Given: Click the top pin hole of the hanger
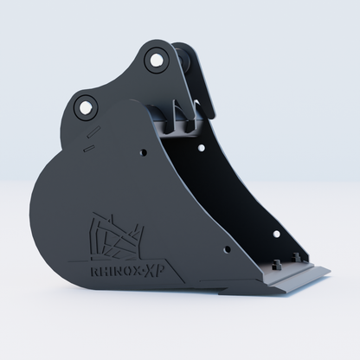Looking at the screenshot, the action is [x=156, y=61].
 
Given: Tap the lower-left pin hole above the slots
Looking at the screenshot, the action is [x=86, y=108].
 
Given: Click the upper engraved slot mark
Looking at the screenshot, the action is [x=93, y=131].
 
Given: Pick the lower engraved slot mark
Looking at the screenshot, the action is [x=89, y=148].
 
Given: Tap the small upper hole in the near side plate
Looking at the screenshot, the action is [x=144, y=152].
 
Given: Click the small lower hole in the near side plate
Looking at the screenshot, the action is [x=227, y=249].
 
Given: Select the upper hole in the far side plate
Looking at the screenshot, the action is [x=202, y=148].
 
